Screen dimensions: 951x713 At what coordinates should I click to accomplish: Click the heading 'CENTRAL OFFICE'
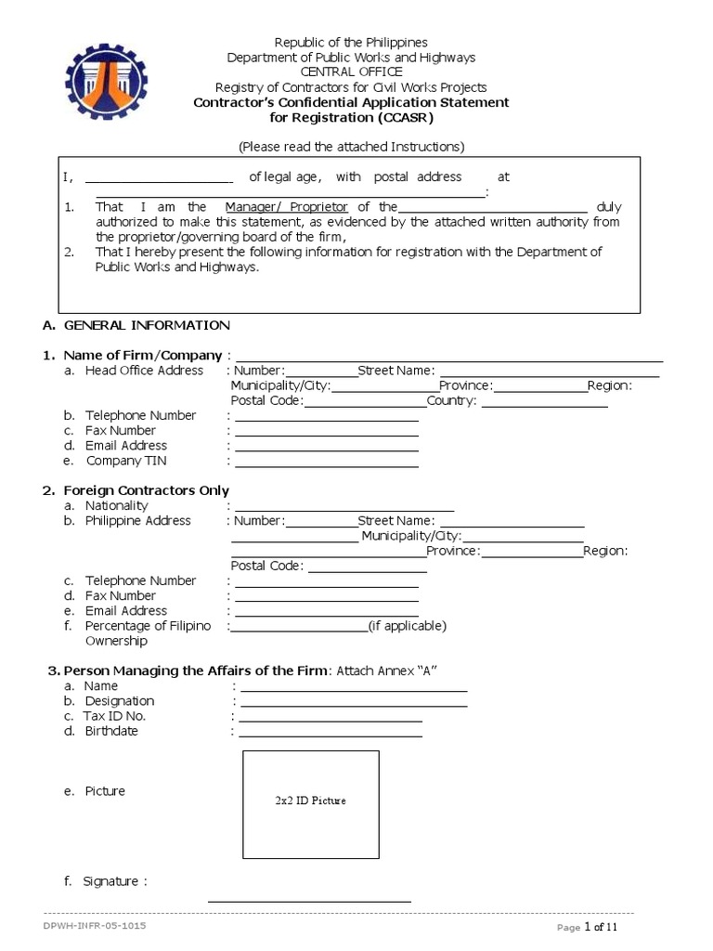click(351, 72)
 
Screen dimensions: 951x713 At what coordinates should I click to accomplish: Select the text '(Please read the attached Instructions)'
click(351, 146)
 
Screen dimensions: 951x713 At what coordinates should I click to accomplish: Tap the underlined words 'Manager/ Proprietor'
click(286, 206)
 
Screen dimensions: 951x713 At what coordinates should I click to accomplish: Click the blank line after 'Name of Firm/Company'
click(449, 357)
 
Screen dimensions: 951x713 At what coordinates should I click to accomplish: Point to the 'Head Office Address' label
click(144, 371)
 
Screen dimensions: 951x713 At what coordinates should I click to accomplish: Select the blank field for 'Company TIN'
click(326, 462)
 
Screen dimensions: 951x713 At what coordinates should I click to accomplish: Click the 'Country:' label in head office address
click(451, 401)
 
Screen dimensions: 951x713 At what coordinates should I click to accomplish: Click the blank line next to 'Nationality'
click(344, 507)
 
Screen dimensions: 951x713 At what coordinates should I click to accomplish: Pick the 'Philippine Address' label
click(137, 521)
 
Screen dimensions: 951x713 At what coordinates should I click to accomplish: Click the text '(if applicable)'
click(407, 626)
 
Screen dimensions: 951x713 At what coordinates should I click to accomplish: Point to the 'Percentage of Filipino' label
click(148, 626)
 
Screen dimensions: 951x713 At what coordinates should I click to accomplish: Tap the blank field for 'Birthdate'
click(331, 734)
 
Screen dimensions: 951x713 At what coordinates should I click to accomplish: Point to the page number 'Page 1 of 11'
click(587, 927)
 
